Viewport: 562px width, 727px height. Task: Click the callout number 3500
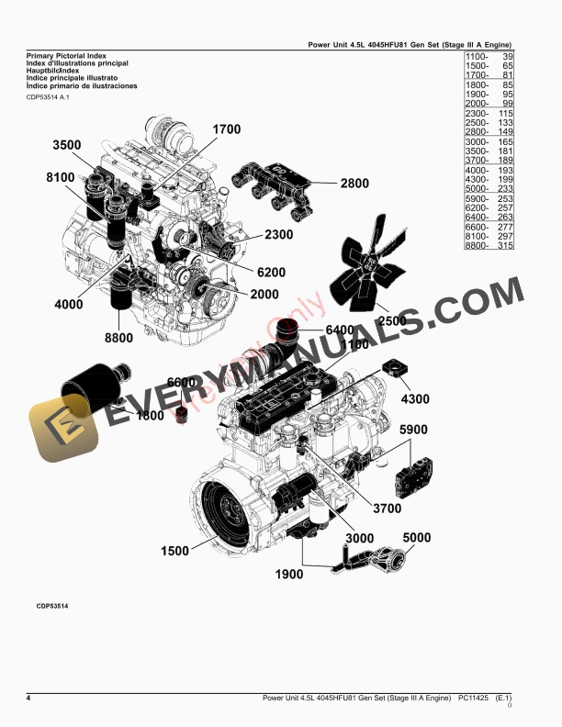tap(67, 146)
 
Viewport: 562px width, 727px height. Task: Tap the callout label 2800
tap(354, 184)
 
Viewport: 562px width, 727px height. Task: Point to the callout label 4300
tap(415, 399)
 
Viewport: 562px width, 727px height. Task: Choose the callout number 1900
tap(288, 575)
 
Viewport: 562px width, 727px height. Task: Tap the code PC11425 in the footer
tap(473, 699)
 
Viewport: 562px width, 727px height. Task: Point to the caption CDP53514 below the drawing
tap(52, 607)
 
